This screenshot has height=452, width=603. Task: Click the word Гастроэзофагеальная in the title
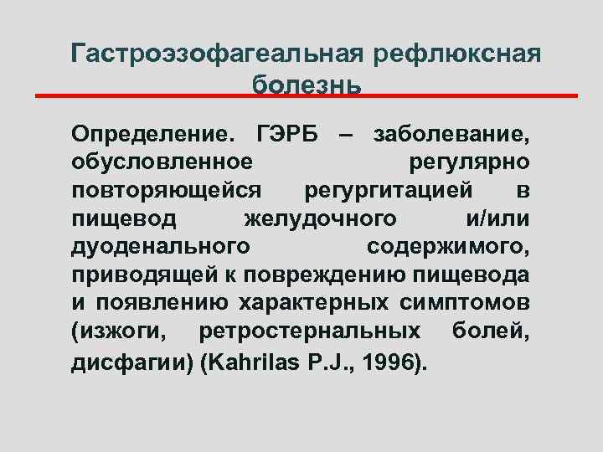[217, 54]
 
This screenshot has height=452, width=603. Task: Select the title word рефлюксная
[457, 54]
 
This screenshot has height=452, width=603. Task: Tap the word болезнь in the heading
[307, 84]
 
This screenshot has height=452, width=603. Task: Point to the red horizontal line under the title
[307, 96]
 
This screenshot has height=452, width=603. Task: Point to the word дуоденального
[160, 247]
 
